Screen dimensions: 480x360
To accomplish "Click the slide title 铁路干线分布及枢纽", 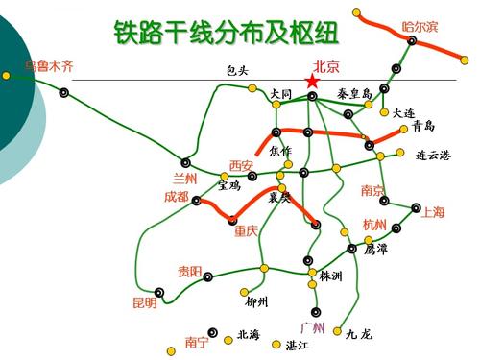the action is click(x=227, y=34).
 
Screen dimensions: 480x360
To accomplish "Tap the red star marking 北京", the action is click(x=311, y=83).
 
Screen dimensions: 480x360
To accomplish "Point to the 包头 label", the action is click(x=237, y=70).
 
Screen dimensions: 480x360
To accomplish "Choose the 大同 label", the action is click(x=280, y=94).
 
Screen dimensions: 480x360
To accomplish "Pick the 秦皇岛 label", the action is click(x=355, y=94).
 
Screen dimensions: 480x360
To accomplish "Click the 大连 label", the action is click(x=404, y=112).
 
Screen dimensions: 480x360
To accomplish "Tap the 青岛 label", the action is click(x=423, y=126).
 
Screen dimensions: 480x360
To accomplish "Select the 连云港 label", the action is click(x=433, y=154).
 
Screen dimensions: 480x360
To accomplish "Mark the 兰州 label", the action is click(x=183, y=179).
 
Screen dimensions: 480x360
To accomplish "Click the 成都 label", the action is click(x=177, y=197).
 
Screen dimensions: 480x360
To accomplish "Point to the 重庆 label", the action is click(x=246, y=230).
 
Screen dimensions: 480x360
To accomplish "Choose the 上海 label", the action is click(x=433, y=213).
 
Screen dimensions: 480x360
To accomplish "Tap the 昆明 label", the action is click(x=144, y=302).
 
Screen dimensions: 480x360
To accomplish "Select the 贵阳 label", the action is click(x=189, y=272).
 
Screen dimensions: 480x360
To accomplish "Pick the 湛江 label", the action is click(x=297, y=345).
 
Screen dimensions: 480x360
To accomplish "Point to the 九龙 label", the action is click(x=359, y=334).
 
